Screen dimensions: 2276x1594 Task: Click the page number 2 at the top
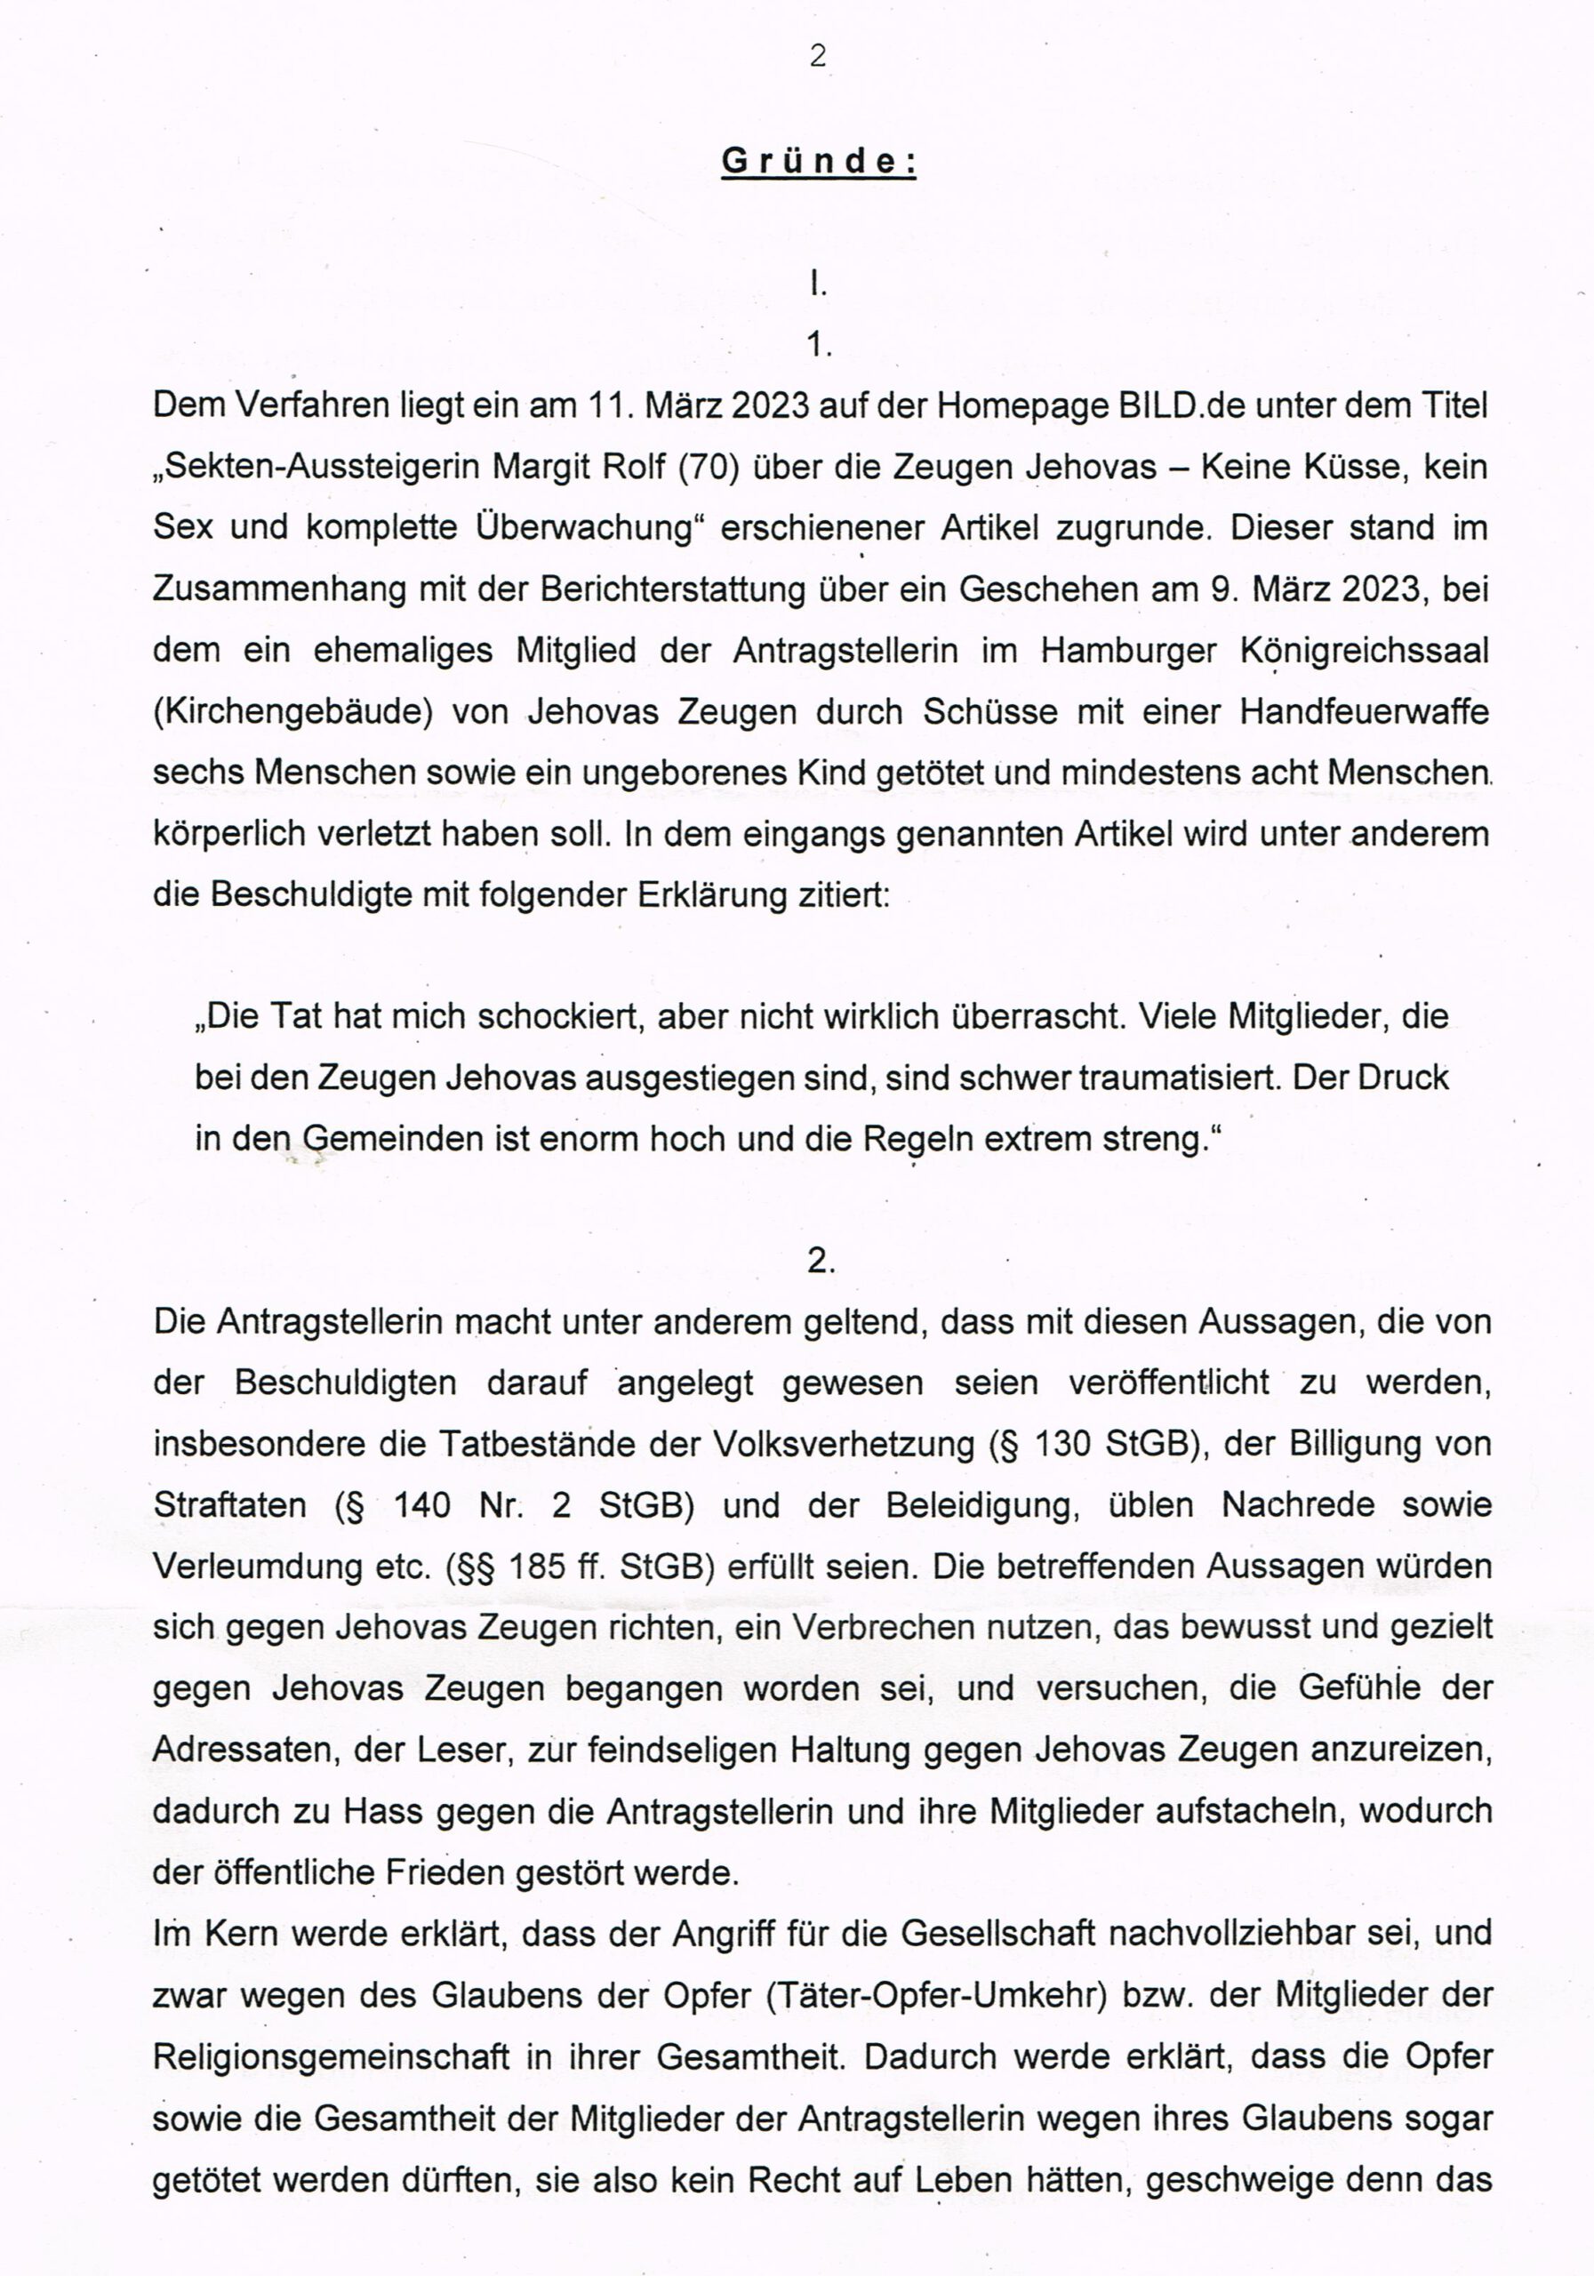(818, 57)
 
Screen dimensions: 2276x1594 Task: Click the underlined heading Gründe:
(819, 162)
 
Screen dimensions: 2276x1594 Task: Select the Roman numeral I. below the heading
(817, 285)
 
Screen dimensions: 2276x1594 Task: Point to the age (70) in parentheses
(709, 467)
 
